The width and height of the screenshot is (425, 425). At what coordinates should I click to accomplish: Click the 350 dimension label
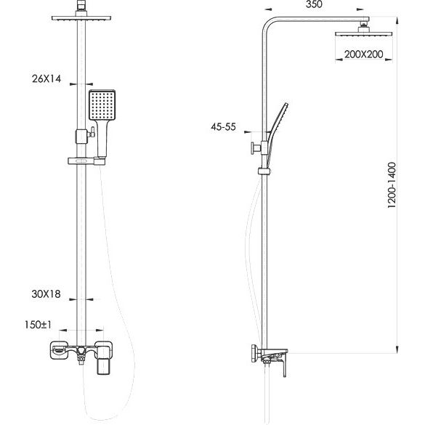(x=314, y=4)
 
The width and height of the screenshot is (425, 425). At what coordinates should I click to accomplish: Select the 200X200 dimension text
(x=364, y=54)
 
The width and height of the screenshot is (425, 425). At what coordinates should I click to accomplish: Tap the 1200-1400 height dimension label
(x=392, y=185)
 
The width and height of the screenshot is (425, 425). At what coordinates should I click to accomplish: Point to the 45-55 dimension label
(x=223, y=126)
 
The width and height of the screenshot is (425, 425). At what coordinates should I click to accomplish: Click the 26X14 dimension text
(x=46, y=78)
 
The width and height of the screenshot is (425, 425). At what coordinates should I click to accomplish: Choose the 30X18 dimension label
(x=46, y=294)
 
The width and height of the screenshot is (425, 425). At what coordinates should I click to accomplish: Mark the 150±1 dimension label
(x=38, y=325)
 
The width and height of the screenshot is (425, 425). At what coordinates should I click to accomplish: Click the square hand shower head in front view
(x=102, y=105)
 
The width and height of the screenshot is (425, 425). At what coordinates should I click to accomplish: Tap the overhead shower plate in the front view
(x=81, y=18)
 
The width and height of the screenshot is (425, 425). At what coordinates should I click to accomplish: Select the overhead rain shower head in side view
(x=364, y=34)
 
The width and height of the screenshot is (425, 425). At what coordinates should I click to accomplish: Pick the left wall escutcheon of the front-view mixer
(x=58, y=350)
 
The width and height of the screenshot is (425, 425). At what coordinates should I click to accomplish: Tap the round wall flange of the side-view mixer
(x=254, y=354)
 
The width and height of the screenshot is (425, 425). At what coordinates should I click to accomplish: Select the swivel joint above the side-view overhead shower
(x=363, y=27)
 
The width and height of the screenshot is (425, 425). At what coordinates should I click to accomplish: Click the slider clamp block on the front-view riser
(x=81, y=137)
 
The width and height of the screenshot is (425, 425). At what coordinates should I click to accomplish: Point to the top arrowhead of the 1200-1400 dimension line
(x=397, y=20)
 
